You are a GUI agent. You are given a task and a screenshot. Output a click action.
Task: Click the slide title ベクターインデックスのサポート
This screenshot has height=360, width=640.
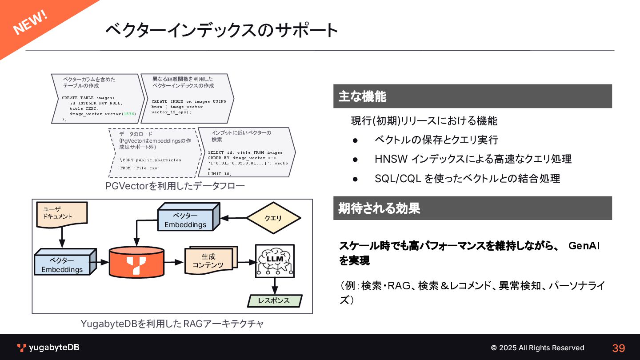(x=221, y=30)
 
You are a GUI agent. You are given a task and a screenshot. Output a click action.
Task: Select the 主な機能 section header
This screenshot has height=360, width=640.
(x=362, y=96)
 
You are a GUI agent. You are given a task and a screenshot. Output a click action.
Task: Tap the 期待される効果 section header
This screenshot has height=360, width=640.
(x=379, y=208)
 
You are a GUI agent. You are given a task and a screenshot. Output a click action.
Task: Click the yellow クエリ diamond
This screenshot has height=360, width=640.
(x=273, y=218)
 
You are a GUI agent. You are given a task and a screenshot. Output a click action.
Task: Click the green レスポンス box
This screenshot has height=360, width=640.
(x=275, y=301)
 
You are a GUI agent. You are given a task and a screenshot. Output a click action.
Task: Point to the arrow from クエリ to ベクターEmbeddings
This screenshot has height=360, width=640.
(x=233, y=218)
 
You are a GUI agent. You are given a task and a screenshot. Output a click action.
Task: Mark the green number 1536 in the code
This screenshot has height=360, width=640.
(x=129, y=114)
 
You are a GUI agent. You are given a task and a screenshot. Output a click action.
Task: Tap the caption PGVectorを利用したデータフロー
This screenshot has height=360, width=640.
(x=175, y=186)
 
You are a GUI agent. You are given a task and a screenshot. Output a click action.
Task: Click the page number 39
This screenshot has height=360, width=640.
(x=618, y=348)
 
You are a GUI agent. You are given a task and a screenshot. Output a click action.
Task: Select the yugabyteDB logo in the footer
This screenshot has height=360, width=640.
(x=48, y=348)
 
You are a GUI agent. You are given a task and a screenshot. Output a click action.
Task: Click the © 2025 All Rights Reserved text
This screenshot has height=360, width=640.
(x=537, y=348)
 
